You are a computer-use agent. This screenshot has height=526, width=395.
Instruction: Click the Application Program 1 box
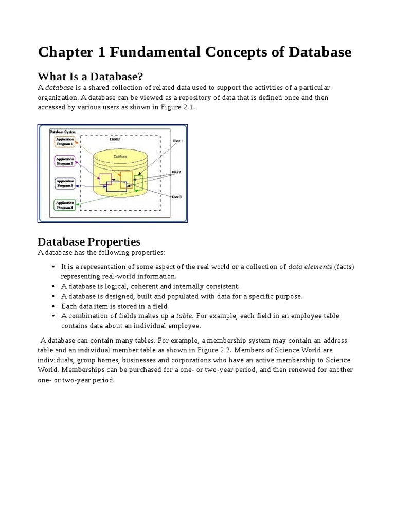tap(65, 141)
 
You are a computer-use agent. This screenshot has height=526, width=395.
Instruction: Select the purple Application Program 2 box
tap(65, 161)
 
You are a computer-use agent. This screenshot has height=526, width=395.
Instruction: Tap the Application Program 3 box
tap(65, 183)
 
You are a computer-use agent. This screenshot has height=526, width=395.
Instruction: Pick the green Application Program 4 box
tap(65, 205)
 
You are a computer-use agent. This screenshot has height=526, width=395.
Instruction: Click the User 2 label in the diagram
tap(176, 172)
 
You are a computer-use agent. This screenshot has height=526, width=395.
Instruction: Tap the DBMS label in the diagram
tap(115, 139)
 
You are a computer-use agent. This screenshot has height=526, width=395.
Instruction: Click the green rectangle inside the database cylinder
tap(137, 183)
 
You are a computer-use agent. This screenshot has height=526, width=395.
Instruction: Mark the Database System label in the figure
tap(62, 132)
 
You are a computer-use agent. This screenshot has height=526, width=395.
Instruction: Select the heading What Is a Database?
tap(91, 77)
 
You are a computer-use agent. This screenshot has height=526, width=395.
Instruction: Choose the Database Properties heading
tap(89, 241)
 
